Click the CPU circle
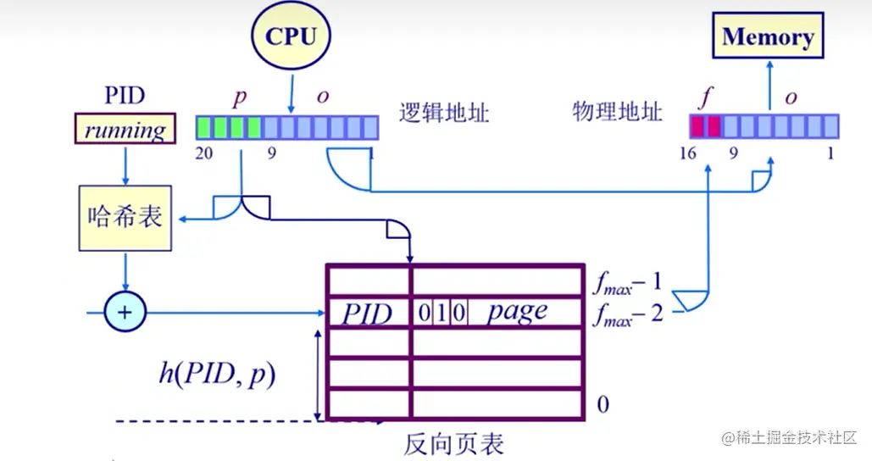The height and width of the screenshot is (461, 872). coord(291,36)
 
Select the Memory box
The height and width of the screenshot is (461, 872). coord(768,37)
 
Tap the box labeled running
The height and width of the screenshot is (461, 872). coord(125,130)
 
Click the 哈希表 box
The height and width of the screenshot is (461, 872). coord(125,218)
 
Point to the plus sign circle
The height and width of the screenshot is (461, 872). coord(125,313)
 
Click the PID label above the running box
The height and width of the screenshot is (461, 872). coord(125,95)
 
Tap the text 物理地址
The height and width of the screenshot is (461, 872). coord(617,112)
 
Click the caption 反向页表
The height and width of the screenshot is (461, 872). coord(453,442)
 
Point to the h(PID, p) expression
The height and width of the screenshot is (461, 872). coord(218,374)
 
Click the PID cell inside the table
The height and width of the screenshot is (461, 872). coord(368,314)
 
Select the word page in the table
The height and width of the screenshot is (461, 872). coord(517,312)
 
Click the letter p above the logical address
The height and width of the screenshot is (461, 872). coord(240,97)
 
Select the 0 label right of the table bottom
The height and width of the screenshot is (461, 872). coord(603,404)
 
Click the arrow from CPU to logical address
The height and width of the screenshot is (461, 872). coord(291,93)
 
